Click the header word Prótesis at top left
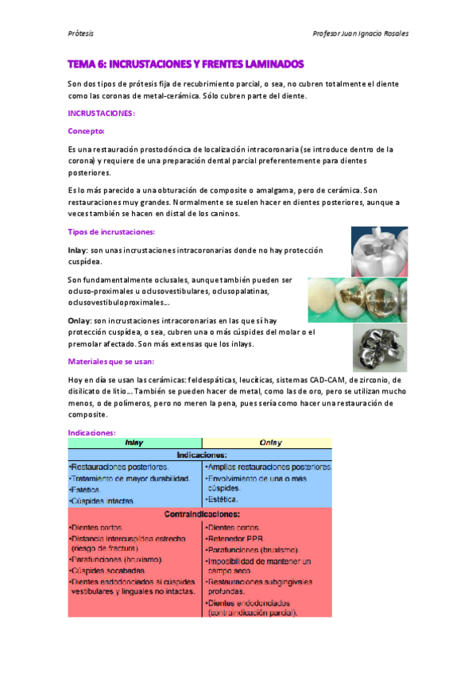coord(80,34)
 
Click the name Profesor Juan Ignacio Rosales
coord(362,34)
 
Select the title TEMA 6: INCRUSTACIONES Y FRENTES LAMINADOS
coord(186,63)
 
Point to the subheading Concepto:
coord(87,131)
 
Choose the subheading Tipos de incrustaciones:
coord(111,232)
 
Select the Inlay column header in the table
coord(134,443)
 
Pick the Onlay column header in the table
coord(268,443)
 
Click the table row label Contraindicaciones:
coord(200,513)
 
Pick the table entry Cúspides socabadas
coord(107,571)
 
